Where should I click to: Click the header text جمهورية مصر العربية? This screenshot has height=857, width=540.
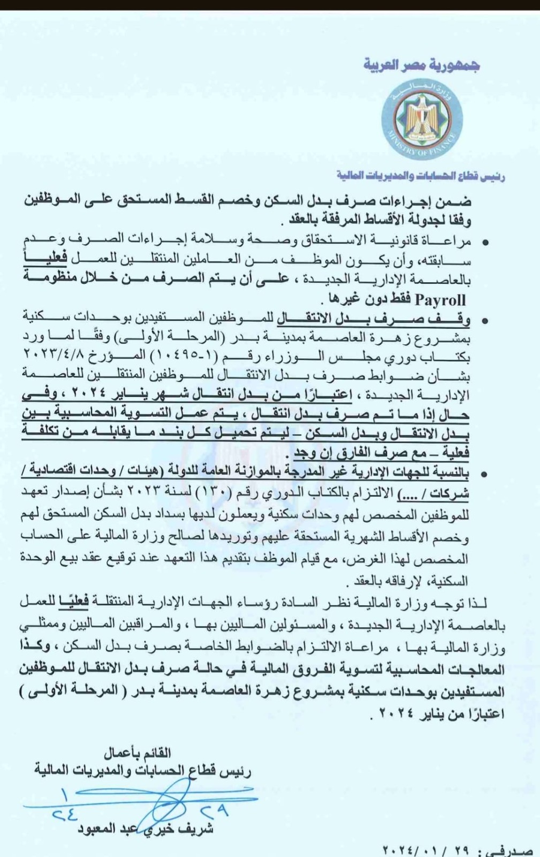(422, 65)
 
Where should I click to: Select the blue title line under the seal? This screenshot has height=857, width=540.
(421, 176)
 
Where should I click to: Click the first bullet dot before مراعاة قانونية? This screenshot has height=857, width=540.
(486, 243)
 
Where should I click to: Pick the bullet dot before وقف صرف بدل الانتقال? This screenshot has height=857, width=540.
(486, 321)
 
